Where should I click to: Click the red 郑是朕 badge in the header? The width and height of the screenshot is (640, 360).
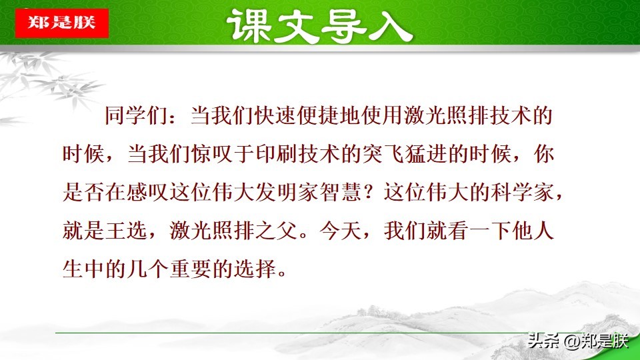click(x=61, y=23)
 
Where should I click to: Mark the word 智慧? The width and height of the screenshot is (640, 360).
click(x=341, y=194)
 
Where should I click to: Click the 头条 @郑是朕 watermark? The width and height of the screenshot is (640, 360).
click(x=577, y=341)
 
